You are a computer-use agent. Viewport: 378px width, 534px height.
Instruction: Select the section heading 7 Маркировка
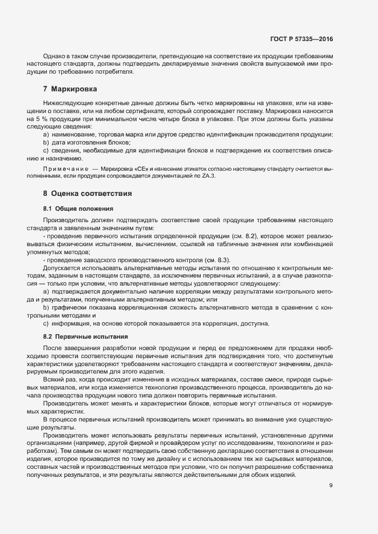click(x=70, y=89)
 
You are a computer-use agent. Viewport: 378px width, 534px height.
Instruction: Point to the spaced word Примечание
click(x=65, y=170)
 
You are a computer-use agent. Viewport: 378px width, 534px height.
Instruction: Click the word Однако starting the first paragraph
click(x=54, y=57)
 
